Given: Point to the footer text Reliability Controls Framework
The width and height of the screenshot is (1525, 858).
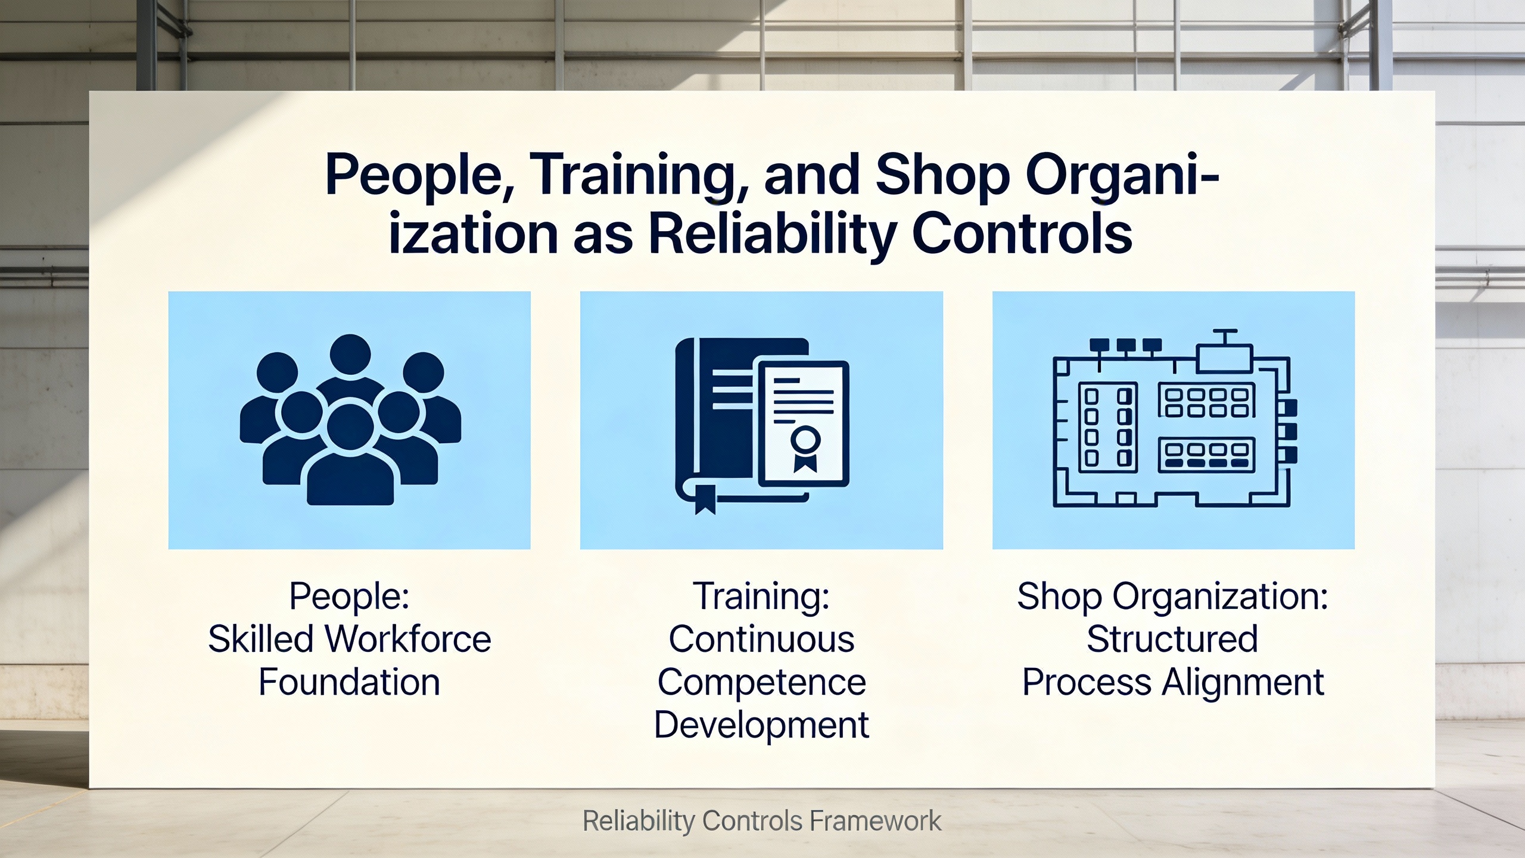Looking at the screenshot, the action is coord(762,821).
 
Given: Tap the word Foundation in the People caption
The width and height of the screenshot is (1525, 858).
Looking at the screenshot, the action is coord(350,682).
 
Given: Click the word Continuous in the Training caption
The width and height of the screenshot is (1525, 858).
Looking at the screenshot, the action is coord(761,639).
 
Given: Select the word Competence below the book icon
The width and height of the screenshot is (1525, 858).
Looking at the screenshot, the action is coord(761,683).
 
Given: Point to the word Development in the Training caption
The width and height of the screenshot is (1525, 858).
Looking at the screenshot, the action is coord(761,725).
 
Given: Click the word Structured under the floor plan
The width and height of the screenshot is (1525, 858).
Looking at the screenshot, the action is coord(1172,639).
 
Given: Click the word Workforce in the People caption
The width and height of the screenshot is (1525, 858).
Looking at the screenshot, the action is coord(409,639).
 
